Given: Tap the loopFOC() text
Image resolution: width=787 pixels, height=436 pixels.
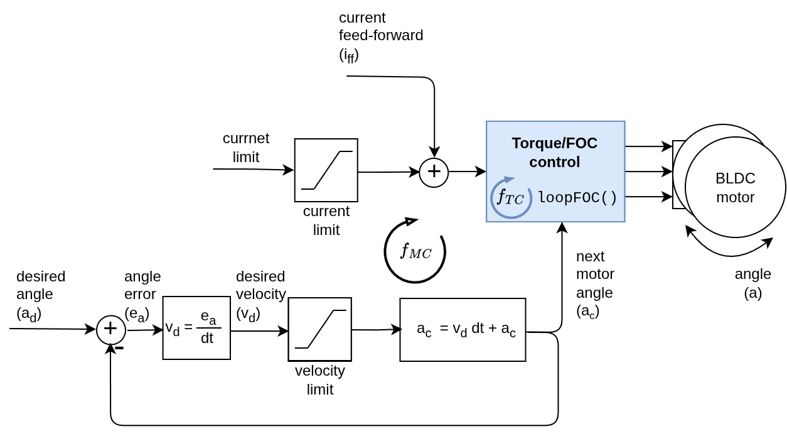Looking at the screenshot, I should (577, 197).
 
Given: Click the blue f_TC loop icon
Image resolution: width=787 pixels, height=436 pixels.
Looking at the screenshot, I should (511, 198).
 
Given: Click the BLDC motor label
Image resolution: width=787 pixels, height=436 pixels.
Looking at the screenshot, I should (735, 187).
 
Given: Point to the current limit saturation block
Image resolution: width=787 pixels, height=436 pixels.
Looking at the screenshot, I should (326, 170).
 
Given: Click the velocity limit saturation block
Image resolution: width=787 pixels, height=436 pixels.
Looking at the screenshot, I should (319, 329).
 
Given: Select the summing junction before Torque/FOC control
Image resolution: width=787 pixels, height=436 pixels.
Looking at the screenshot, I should (434, 172).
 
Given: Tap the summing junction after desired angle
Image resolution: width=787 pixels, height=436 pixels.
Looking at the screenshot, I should (110, 329).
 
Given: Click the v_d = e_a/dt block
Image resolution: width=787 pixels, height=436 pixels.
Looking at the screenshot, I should (196, 328).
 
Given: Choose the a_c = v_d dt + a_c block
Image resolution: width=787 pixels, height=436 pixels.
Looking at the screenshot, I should (463, 329).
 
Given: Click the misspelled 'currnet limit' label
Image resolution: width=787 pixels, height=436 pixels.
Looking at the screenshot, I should (246, 148).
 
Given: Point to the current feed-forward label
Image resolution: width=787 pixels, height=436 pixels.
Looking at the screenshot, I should (380, 36).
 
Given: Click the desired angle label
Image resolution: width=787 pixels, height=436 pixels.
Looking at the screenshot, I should (41, 295).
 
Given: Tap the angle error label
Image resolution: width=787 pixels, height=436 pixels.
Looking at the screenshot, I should (142, 295).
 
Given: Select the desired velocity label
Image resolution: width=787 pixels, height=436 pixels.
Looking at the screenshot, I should (260, 295).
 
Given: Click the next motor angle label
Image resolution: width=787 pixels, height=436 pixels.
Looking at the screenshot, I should (594, 283).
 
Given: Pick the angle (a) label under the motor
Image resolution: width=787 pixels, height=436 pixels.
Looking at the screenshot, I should (752, 283).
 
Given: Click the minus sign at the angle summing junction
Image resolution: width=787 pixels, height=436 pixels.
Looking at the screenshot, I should (119, 347).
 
